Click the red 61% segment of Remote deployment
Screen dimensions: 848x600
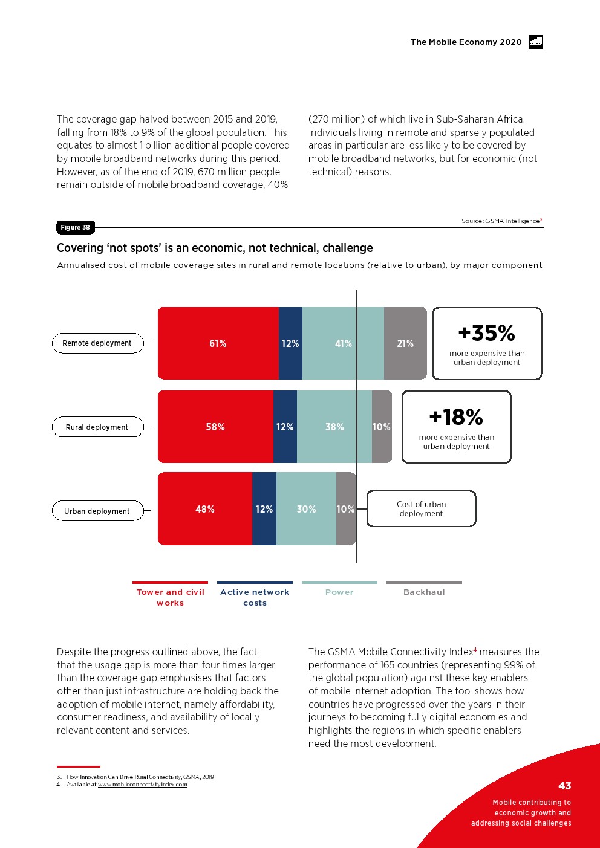click(218, 343)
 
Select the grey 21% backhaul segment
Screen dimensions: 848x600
click(405, 343)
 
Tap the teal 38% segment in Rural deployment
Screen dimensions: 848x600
click(334, 427)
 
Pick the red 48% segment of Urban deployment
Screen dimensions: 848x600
click(205, 509)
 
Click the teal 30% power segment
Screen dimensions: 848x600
click(306, 509)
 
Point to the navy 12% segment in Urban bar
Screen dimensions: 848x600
click(264, 509)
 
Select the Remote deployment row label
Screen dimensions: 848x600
click(97, 343)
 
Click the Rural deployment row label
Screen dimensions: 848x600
click(97, 427)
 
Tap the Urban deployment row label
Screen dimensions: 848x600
click(97, 511)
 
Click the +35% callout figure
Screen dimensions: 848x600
click(487, 333)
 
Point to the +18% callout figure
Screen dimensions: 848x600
click(456, 417)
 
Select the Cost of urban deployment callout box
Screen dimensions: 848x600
click(422, 509)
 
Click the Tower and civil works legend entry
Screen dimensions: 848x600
click(171, 597)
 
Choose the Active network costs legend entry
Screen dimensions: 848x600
click(255, 597)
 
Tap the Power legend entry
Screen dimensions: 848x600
click(339, 592)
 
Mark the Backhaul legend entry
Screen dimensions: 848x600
click(424, 592)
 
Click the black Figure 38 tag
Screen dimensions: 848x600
click(75, 227)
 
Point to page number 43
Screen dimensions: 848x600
click(565, 786)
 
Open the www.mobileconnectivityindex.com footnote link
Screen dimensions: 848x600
click(143, 785)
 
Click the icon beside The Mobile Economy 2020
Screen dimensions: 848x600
click(536, 42)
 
